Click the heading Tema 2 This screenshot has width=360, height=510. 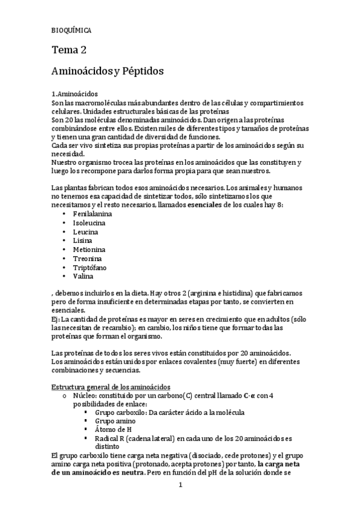(x=70, y=51)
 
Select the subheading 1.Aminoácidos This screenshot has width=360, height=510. (x=75, y=94)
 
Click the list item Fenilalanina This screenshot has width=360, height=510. (x=92, y=214)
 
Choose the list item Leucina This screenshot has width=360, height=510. (x=85, y=232)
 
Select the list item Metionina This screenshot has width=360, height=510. (x=89, y=250)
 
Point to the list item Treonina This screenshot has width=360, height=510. (x=88, y=259)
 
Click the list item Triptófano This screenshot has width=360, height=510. (x=90, y=268)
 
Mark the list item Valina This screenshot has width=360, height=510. (x=83, y=277)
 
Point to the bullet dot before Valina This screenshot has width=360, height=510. (x=64, y=277)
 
